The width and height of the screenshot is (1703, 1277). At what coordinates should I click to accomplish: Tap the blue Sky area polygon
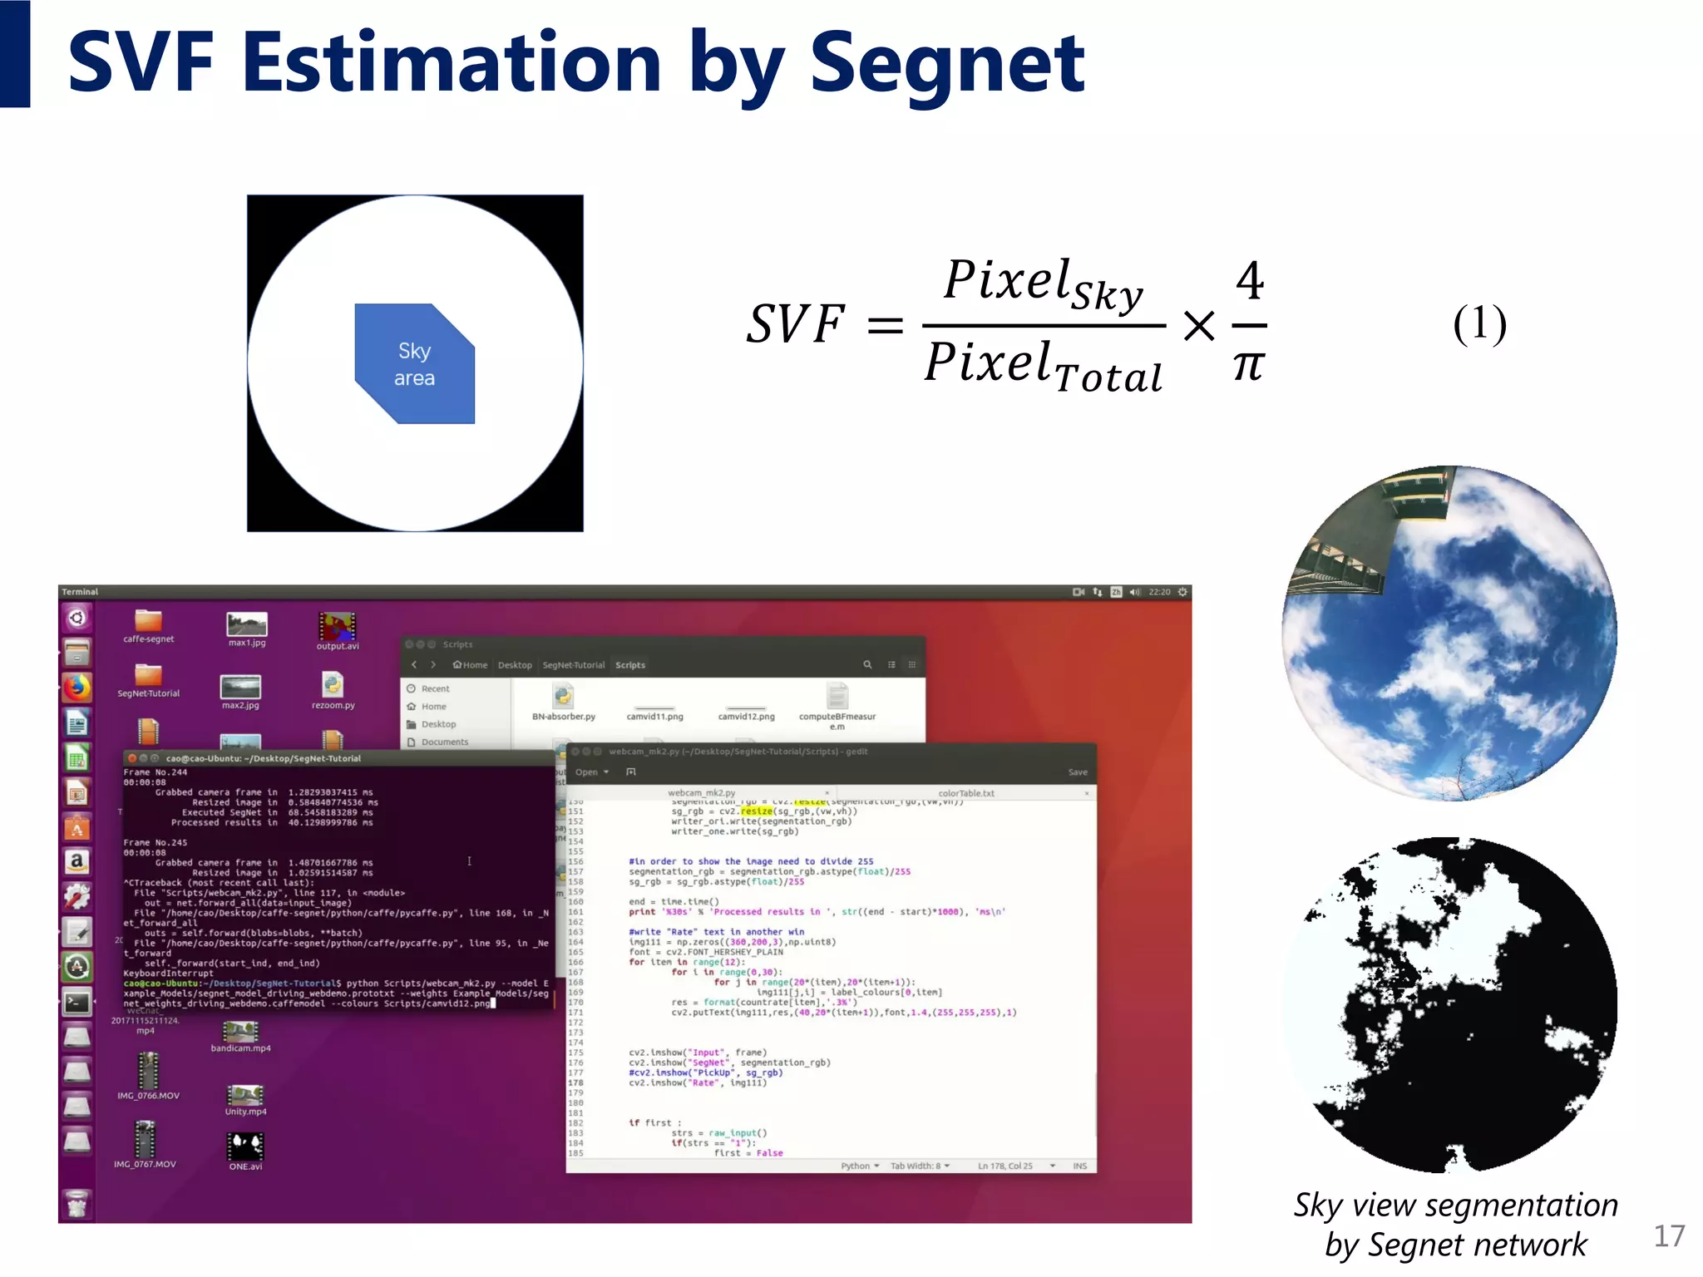(x=414, y=364)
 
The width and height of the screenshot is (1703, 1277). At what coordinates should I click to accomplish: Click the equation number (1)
(x=1479, y=324)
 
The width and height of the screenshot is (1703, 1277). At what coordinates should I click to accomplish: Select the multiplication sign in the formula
(x=1198, y=325)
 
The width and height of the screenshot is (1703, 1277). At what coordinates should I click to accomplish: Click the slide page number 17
(x=1669, y=1236)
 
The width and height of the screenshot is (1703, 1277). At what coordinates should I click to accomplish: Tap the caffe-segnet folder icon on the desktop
(x=148, y=621)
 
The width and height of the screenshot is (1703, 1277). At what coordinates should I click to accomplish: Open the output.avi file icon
(x=337, y=626)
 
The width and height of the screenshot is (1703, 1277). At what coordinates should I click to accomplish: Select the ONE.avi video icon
(x=245, y=1146)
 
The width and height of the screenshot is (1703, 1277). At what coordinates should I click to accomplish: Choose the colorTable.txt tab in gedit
(x=965, y=793)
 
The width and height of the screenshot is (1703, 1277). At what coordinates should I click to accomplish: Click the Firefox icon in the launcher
(x=77, y=688)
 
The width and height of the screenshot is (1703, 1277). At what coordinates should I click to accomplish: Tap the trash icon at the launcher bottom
(x=77, y=1203)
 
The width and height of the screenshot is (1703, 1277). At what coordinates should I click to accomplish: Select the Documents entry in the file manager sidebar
(x=444, y=742)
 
